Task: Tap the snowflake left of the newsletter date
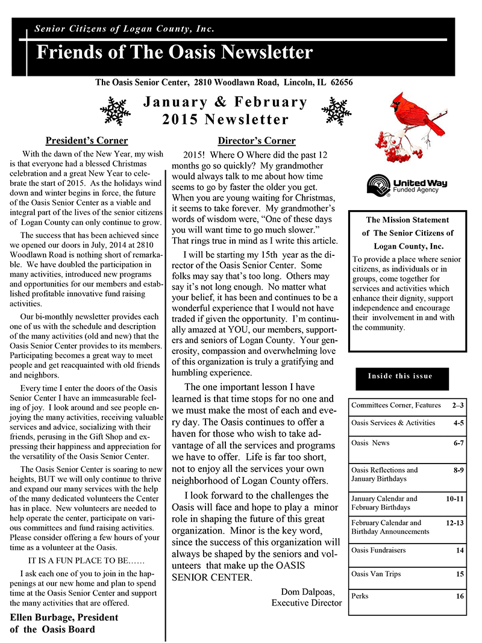pos(115,111)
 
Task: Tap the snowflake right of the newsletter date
pos(336,111)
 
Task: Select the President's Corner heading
pos(87,141)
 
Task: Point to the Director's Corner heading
pos(257,141)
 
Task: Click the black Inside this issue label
pos(400,376)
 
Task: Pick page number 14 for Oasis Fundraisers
pos(460,550)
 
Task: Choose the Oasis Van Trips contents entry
pos(375,574)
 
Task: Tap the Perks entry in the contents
pos(360,596)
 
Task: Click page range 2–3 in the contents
pos(457,406)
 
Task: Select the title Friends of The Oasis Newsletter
pos(175,53)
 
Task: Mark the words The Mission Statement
pos(407,220)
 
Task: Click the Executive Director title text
pos(307,603)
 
